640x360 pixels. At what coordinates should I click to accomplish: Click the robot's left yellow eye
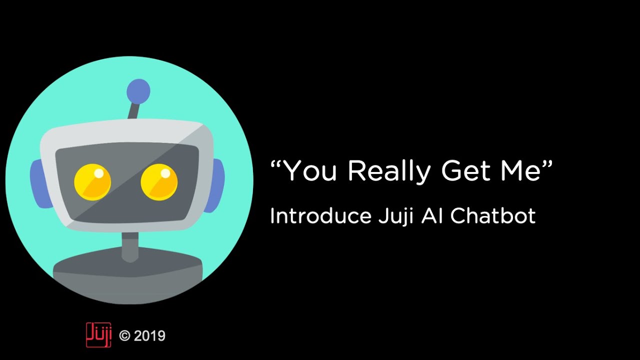(x=92, y=182)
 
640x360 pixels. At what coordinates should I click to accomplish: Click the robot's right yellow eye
(x=159, y=182)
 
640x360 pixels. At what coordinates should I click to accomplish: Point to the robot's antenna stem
(x=133, y=110)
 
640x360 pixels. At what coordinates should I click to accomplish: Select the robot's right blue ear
(x=217, y=183)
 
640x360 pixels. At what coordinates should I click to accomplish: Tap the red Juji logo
(x=98, y=335)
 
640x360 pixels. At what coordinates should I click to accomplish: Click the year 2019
(x=149, y=336)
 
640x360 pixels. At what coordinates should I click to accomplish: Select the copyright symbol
(x=124, y=336)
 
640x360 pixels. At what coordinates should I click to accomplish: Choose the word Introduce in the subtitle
(x=320, y=216)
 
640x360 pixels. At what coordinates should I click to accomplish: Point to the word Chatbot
(x=493, y=216)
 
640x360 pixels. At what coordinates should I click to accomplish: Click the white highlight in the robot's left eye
(x=99, y=173)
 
